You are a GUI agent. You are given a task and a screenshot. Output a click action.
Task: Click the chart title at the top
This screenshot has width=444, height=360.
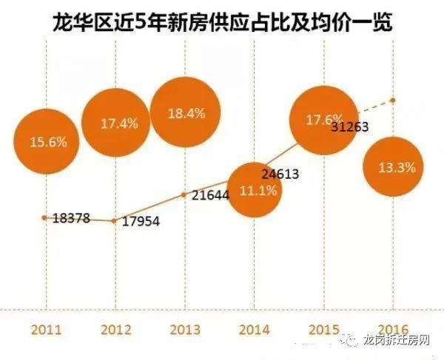coord(223,21)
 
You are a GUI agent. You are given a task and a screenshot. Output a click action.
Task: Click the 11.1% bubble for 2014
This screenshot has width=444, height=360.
coord(253,191)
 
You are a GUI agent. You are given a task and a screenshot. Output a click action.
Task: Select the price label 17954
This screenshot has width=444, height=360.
coord(141,222)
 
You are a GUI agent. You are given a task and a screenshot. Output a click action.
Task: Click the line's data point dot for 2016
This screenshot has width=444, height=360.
coord(393,100)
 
